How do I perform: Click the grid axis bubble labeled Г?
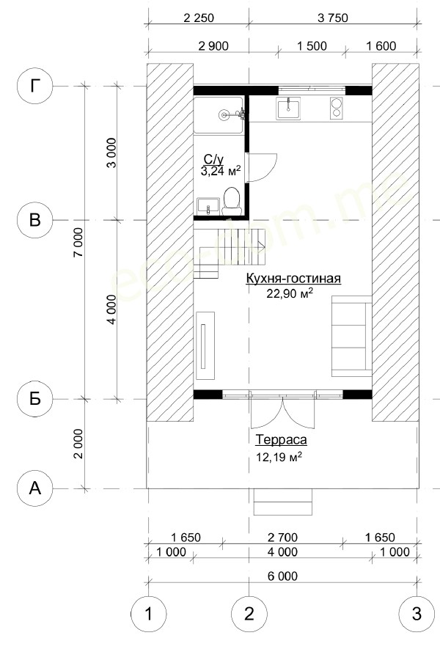pos(34,87)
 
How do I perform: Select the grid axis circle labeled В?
pos(34,220)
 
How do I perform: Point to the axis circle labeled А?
pos(34,488)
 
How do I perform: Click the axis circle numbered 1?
pos(148,614)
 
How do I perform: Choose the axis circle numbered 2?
pos(249,614)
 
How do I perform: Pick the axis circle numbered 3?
pos(417,614)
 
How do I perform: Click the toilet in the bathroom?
pos(231,200)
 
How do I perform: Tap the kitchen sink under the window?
pos(288,109)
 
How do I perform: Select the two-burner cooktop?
pos(336,108)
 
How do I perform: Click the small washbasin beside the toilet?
pos(208,206)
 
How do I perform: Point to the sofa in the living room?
pos(351,336)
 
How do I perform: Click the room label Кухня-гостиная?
pos(293,279)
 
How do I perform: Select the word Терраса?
pos(282,440)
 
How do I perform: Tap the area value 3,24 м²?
pos(221,172)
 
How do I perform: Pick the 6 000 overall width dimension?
pos(282,576)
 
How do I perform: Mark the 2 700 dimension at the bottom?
pos(282,538)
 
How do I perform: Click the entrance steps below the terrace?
pos(283,502)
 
